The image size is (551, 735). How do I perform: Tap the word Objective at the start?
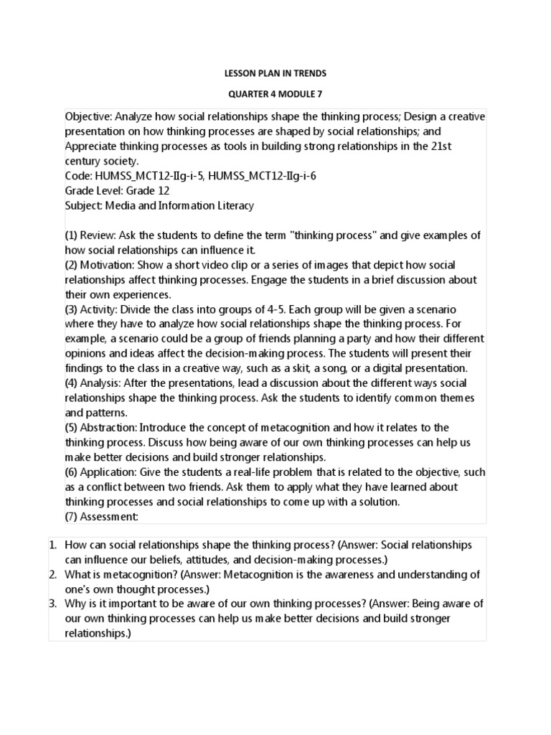click(x=87, y=117)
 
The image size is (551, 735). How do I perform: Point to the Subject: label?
click(x=84, y=206)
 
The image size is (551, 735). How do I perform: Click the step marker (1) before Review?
click(x=72, y=235)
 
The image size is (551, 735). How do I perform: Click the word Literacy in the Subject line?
click(x=233, y=206)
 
